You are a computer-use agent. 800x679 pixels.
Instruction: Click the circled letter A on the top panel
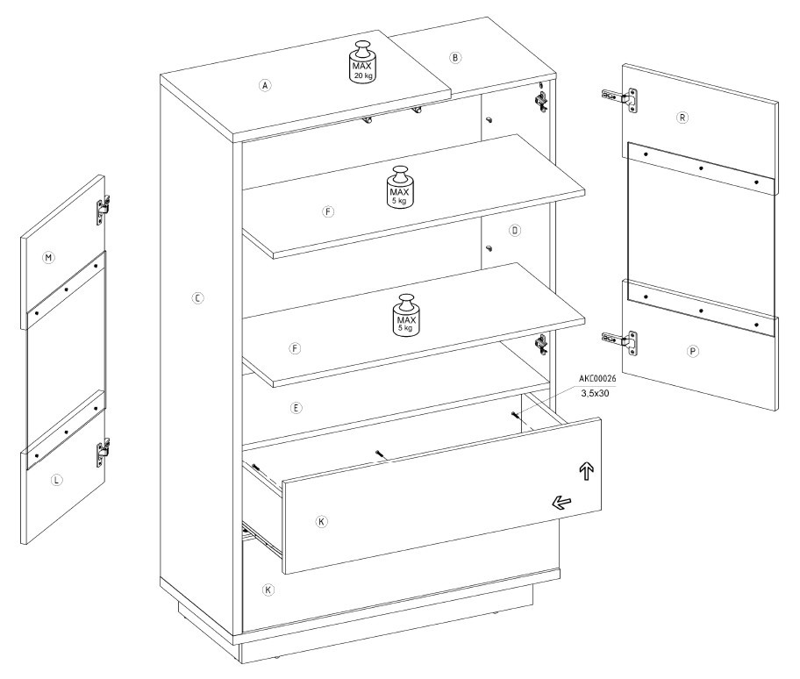(x=265, y=85)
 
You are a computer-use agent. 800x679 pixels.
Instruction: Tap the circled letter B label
(x=455, y=57)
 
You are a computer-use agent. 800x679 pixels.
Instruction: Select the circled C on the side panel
(x=198, y=298)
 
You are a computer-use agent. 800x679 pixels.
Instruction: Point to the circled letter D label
(x=515, y=231)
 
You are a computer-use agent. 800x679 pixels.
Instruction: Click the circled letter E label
(x=296, y=408)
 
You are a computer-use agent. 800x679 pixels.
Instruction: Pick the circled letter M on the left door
(x=48, y=258)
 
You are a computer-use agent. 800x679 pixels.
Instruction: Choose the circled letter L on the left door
(x=57, y=480)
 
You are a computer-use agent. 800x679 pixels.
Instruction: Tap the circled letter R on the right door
(x=682, y=118)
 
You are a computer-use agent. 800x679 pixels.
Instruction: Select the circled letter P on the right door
(x=692, y=351)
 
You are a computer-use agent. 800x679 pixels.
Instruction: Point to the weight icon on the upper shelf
(x=400, y=187)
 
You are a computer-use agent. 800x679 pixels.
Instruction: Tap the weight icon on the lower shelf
(x=406, y=315)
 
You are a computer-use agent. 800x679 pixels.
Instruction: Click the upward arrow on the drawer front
(x=587, y=471)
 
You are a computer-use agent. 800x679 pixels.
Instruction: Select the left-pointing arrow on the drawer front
(x=561, y=503)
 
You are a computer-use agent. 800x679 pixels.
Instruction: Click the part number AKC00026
(x=597, y=378)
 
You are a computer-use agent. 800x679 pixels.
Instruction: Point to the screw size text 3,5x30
(x=595, y=393)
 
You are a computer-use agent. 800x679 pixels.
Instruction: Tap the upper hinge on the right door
(x=620, y=99)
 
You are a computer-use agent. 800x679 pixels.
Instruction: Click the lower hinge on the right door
(x=620, y=341)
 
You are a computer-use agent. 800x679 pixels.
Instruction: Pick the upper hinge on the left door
(x=104, y=210)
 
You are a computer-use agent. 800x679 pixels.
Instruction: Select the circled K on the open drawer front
(x=321, y=521)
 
